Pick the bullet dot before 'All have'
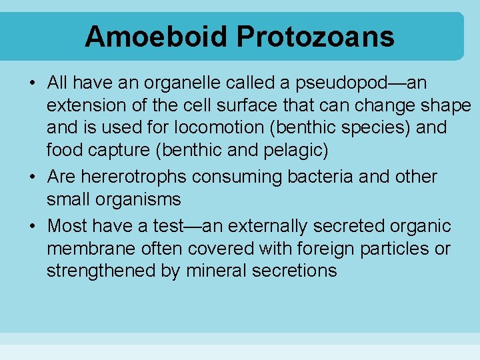[32, 84]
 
